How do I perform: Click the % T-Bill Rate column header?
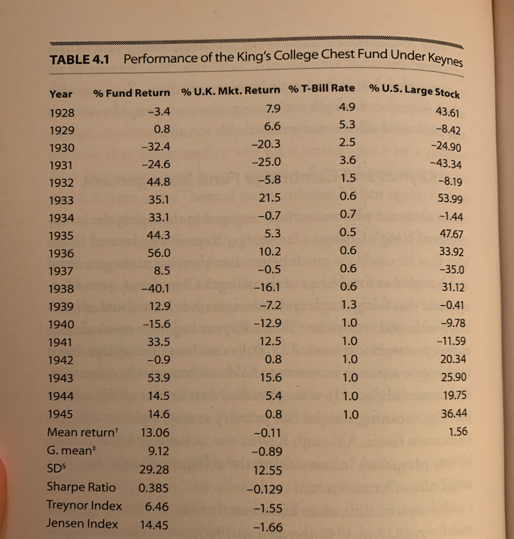coord(321,90)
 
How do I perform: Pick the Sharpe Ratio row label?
coord(81,487)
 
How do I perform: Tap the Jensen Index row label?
coord(82,524)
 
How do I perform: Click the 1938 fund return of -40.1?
coord(156,289)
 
